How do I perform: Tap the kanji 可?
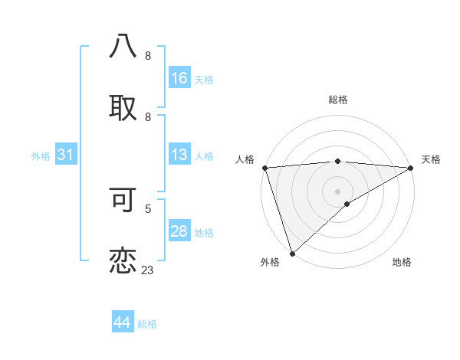coord(123,199)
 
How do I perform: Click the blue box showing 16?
coord(179,77)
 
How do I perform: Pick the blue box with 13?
coord(179,155)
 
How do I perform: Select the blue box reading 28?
coord(179,231)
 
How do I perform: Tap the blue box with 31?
coord(66,155)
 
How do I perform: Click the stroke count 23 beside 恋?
coord(148,270)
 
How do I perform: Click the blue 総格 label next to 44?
coord(148,324)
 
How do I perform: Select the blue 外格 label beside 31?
coord(41,156)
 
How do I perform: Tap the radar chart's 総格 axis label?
coord(338,100)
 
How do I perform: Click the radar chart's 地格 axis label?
coord(402,263)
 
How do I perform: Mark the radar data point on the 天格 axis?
coord(410,168)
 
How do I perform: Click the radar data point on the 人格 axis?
coord(265,168)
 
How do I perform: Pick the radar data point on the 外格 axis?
coord(292,253)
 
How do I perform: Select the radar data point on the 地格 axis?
coord(347,204)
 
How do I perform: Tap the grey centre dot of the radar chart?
coord(338,191)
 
